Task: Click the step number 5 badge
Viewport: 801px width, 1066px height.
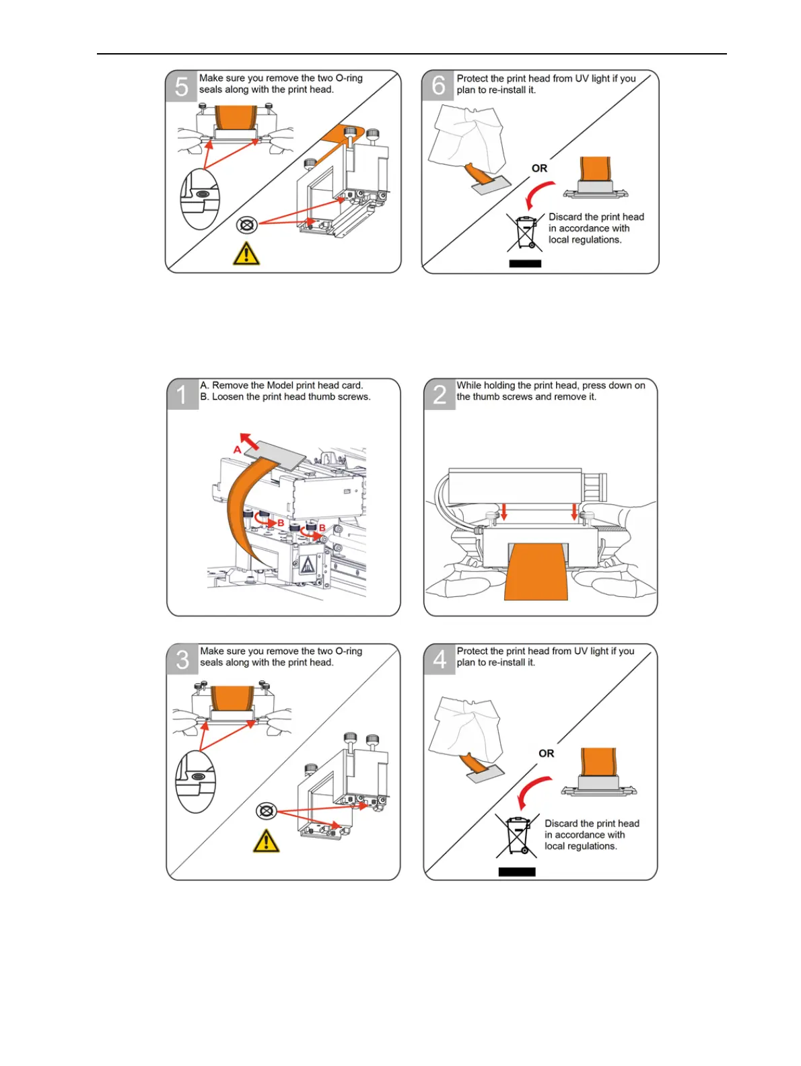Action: pyautogui.click(x=181, y=87)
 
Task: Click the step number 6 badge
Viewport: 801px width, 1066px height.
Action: pyautogui.click(x=438, y=85)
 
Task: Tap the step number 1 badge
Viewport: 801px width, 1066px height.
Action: pyautogui.click(x=182, y=394)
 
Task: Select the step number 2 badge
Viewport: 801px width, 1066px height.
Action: pyautogui.click(x=439, y=394)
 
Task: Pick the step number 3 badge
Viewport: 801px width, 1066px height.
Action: pyautogui.click(x=182, y=660)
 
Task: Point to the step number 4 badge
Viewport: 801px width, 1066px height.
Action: pyautogui.click(x=440, y=660)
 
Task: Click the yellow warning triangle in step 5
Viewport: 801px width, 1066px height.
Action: pyautogui.click(x=246, y=254)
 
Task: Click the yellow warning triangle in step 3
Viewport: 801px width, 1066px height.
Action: pyautogui.click(x=266, y=841)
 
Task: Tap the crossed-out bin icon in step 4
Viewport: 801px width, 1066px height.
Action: pyautogui.click(x=517, y=835)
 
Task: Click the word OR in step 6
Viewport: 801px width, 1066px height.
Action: pyautogui.click(x=539, y=168)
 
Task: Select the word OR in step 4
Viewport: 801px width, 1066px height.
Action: pyautogui.click(x=546, y=754)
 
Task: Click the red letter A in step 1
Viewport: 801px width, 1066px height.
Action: pyautogui.click(x=238, y=450)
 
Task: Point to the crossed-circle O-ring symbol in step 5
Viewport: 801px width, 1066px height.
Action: pyautogui.click(x=247, y=224)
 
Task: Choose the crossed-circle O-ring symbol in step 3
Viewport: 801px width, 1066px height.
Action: pyautogui.click(x=267, y=811)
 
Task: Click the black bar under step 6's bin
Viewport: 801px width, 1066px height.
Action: pyautogui.click(x=525, y=263)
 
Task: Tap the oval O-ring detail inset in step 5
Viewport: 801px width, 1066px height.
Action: pyautogui.click(x=200, y=199)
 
